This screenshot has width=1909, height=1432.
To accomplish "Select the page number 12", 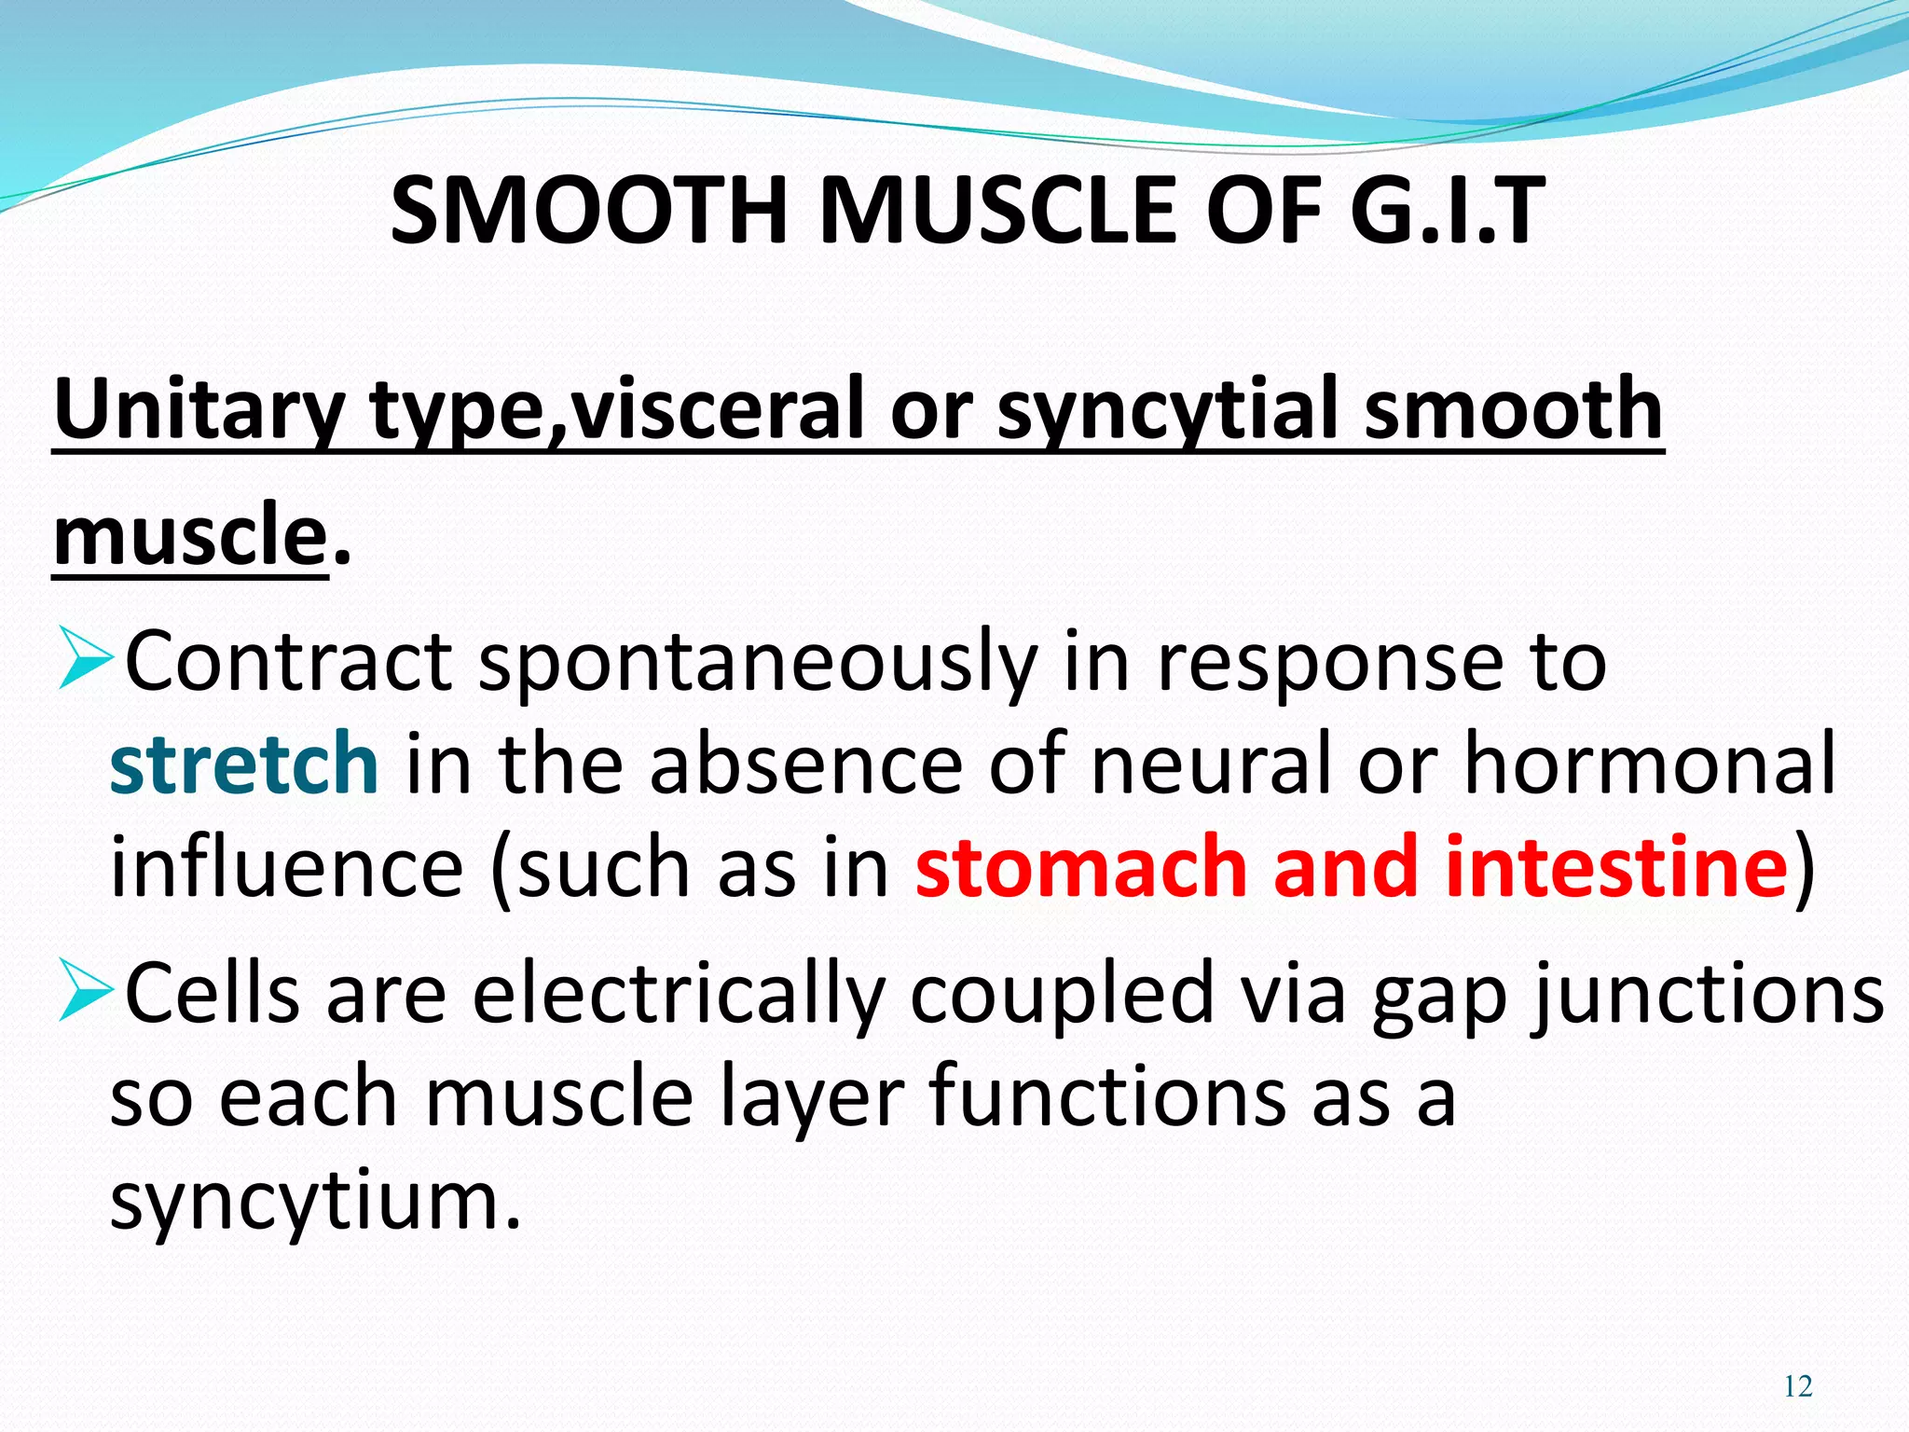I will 1797,1386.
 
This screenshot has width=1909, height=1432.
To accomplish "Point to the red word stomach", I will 1081,867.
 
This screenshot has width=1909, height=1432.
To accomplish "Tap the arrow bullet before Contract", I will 86,657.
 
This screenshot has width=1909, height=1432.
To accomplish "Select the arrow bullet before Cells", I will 86,989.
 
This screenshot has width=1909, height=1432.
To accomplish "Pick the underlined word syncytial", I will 1169,410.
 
